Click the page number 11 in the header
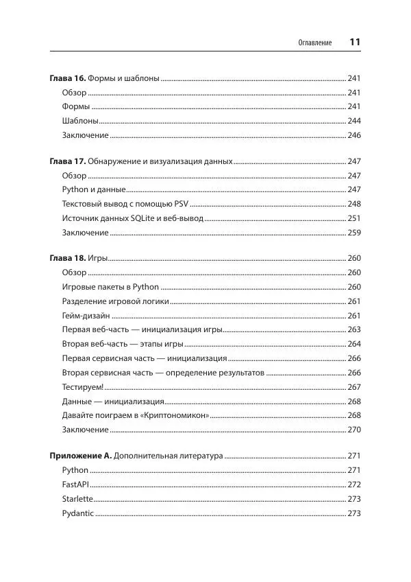coord(355,42)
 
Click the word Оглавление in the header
coord(315,43)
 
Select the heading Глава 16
coord(68,78)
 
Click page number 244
coord(354,121)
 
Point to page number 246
coord(354,135)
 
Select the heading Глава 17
coord(68,161)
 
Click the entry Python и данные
coord(93,189)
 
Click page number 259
coord(354,233)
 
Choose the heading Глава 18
coord(68,259)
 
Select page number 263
coord(354,329)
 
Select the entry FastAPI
coord(76,485)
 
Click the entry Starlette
coord(77,499)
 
